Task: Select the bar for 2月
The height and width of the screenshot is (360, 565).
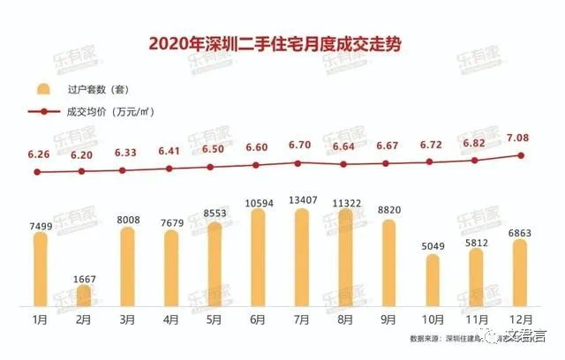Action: coord(82,296)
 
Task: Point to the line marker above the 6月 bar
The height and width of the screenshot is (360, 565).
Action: coord(258,165)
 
